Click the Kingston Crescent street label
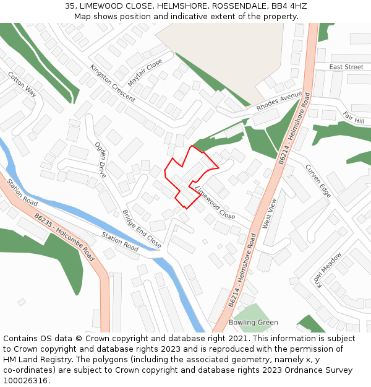112,84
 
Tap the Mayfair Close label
145,72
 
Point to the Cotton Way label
22,84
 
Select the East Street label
346,67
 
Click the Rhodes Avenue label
279,101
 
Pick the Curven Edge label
318,181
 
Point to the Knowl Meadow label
328,270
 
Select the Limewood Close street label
215,203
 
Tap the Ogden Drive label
101,160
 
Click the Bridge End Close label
142,229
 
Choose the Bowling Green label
254,323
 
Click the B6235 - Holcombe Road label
64,237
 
